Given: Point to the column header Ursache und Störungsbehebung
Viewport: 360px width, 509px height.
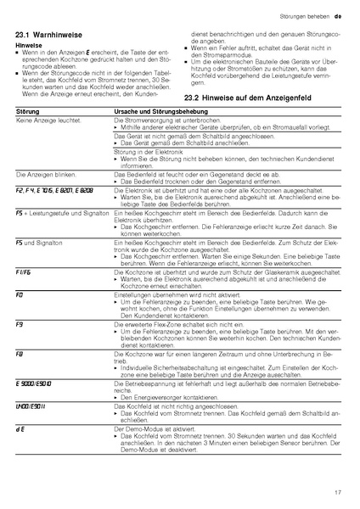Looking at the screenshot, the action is coord(160,112).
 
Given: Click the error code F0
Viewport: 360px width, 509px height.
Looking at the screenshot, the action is coord(20,294).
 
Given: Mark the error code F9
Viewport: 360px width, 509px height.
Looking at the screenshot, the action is coord(20,323).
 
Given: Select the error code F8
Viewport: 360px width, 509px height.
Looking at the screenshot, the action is coord(20,352).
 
